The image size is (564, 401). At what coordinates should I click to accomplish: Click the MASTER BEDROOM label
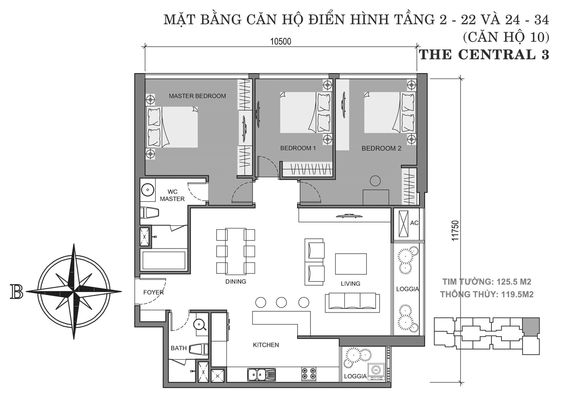(x=197, y=96)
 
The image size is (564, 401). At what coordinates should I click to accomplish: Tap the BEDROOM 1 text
(x=298, y=148)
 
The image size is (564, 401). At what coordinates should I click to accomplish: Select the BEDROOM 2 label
(x=381, y=149)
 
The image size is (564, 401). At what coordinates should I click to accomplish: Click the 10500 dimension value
(x=281, y=42)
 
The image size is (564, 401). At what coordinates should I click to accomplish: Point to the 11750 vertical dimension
(x=455, y=231)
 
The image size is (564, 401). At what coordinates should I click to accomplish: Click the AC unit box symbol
(x=403, y=224)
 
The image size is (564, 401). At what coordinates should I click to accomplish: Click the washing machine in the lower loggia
(x=376, y=372)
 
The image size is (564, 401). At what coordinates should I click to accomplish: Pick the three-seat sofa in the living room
(x=352, y=302)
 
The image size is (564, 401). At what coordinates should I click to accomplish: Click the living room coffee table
(x=351, y=264)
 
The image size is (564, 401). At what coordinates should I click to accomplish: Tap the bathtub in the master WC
(x=164, y=260)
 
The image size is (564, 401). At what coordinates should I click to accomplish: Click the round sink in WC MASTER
(x=148, y=190)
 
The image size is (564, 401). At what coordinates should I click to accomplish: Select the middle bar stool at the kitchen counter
(x=281, y=302)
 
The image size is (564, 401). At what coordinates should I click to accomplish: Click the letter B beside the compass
(x=16, y=292)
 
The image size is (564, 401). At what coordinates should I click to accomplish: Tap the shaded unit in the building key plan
(x=531, y=326)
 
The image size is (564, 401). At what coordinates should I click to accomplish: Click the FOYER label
(x=153, y=292)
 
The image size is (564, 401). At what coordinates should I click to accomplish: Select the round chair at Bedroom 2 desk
(x=375, y=181)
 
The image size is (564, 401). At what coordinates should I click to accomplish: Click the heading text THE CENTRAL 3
(x=484, y=54)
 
